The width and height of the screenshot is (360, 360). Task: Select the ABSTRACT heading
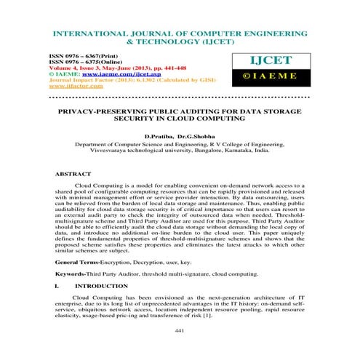pyautogui.click(x=73, y=175)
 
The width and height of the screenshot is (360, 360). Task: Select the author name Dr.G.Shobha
pyautogui.click(x=196, y=136)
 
